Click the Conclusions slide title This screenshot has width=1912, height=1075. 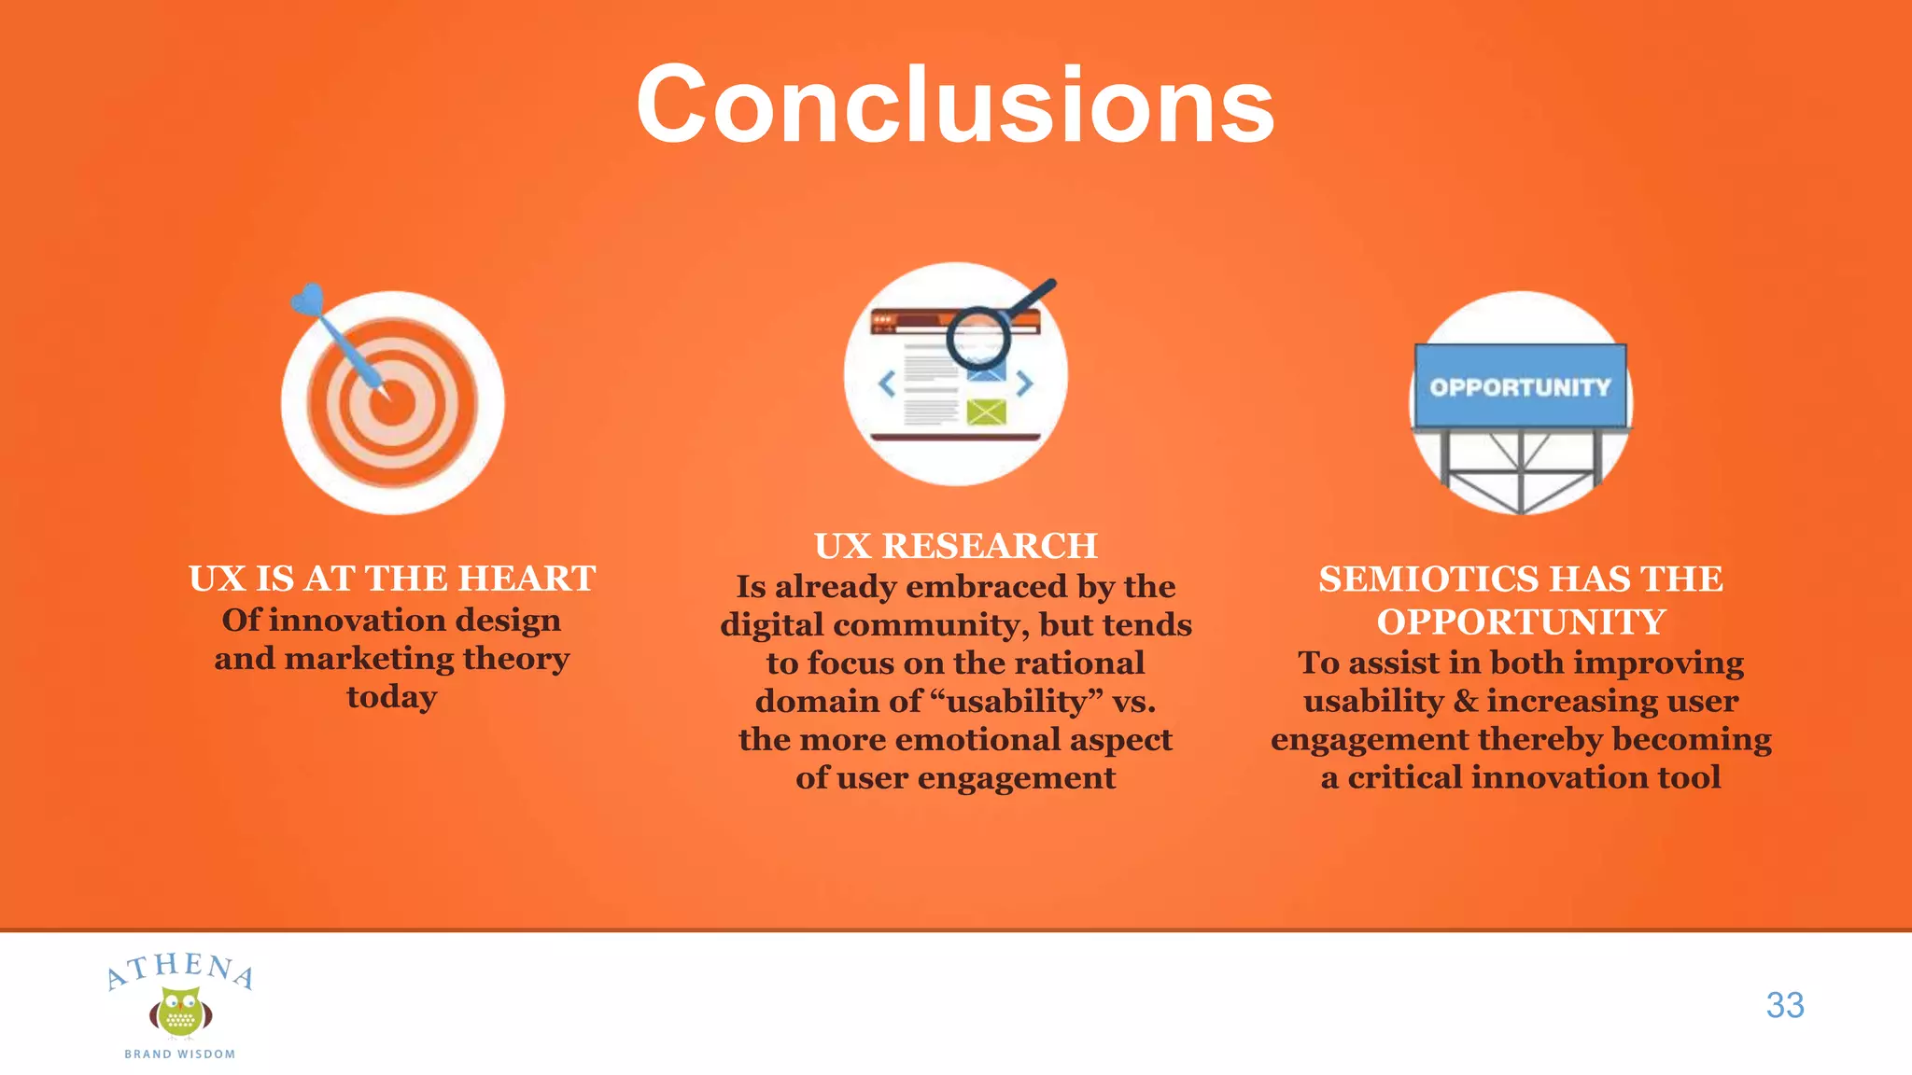click(955, 105)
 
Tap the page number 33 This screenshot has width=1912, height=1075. click(1784, 1005)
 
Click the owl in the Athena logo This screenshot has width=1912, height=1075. click(180, 1012)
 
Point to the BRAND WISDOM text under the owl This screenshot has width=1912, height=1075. click(180, 1054)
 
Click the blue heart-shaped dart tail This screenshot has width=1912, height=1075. click(307, 300)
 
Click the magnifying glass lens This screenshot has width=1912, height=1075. click(977, 339)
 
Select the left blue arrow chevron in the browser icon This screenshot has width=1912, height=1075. click(887, 384)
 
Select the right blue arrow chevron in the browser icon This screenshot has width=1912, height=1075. click(1025, 384)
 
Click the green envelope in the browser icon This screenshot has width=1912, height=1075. click(986, 412)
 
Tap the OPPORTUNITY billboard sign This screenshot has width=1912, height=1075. click(1520, 386)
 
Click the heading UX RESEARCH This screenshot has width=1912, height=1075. click(955, 546)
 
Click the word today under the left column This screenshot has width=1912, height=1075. click(392, 696)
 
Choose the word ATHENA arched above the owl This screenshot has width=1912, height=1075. click(180, 969)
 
